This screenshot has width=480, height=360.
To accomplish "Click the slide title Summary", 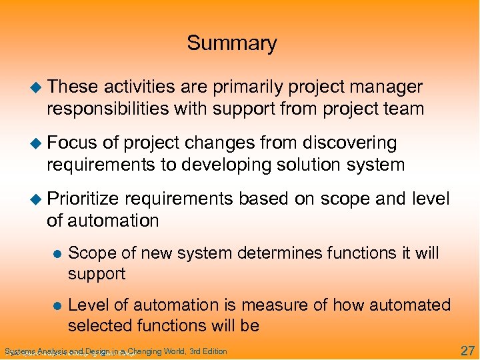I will click(231, 43).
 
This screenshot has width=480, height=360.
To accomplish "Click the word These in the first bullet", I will click(73, 87).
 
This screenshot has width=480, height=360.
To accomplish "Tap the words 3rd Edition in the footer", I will click(208, 351).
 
